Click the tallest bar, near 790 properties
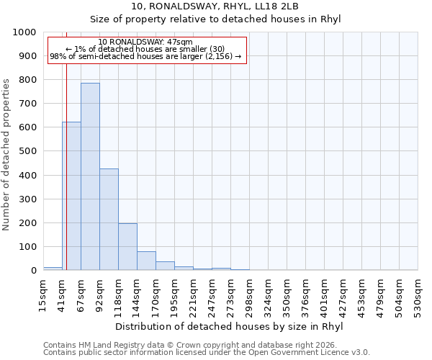(x=90, y=176)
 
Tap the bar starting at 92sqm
(x=109, y=220)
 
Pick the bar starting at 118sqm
(x=127, y=247)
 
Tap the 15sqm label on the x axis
(x=44, y=293)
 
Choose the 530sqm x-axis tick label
(x=418, y=293)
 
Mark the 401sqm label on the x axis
(x=325, y=293)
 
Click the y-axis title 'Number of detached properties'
(x=6, y=151)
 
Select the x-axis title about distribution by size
(x=229, y=326)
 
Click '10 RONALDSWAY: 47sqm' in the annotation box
(x=145, y=42)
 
